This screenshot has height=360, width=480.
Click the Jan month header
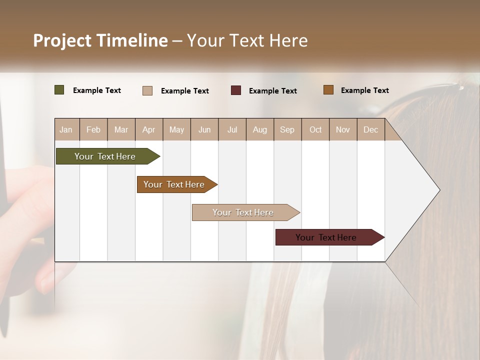66,129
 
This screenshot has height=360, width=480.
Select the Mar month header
121,129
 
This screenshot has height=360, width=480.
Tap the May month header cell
176,129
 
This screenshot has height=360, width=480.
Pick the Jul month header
232,129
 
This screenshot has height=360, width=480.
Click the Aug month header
259,129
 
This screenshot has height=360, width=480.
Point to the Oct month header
315,129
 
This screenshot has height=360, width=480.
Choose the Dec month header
370,129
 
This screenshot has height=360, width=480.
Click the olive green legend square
59,90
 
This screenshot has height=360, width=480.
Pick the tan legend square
147,90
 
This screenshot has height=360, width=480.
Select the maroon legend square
236,90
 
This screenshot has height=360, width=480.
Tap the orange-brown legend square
328,90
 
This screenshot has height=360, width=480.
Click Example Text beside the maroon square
272,91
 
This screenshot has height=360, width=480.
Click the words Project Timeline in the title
100,40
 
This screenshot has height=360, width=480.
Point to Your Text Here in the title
247,40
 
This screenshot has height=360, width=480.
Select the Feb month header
93,129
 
